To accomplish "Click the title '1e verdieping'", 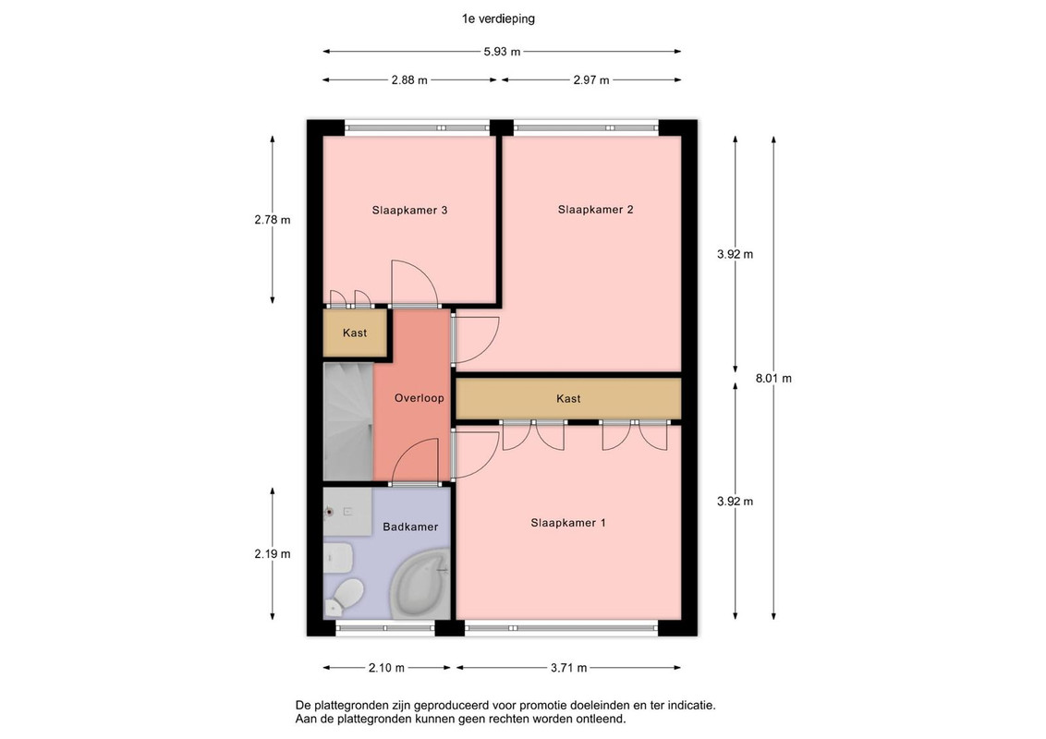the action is pyautogui.click(x=498, y=18).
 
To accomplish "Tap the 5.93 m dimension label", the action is pyautogui.click(x=502, y=52).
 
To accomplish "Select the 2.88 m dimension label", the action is pyautogui.click(x=409, y=80).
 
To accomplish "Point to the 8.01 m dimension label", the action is pyautogui.click(x=773, y=378).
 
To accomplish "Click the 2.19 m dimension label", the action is pyautogui.click(x=273, y=553).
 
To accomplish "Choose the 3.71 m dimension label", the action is pyautogui.click(x=568, y=668).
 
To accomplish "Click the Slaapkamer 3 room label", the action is pyautogui.click(x=409, y=210).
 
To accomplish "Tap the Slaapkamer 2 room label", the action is pyautogui.click(x=596, y=210).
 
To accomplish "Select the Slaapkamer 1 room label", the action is pyautogui.click(x=568, y=523).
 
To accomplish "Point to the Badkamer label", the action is pyautogui.click(x=410, y=527).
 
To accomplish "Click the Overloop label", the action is pyautogui.click(x=419, y=398).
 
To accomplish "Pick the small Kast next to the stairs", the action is pyautogui.click(x=355, y=333).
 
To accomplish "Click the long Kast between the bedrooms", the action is pyautogui.click(x=568, y=399).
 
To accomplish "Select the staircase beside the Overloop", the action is pyautogui.click(x=348, y=421).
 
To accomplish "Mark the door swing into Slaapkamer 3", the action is pyautogui.click(x=414, y=283).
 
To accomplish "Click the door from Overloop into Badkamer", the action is pyautogui.click(x=415, y=461).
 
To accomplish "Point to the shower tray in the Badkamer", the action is pyautogui.click(x=347, y=511).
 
